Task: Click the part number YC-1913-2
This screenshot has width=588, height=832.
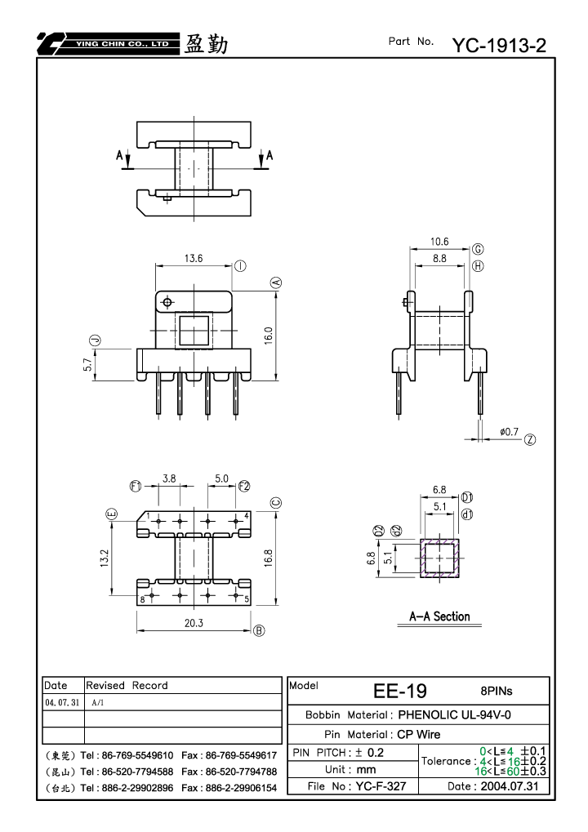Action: (499, 46)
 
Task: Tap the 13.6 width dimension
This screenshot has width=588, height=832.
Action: (194, 258)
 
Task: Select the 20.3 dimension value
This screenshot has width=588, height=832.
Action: (194, 623)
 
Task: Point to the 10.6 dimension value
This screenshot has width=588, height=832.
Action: (439, 242)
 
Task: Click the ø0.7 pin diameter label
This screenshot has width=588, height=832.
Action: (509, 432)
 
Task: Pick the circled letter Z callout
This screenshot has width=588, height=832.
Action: (530, 439)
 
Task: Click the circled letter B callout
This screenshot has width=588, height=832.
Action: (259, 630)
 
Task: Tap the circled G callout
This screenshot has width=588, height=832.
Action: (478, 249)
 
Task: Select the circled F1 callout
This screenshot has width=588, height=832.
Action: (136, 486)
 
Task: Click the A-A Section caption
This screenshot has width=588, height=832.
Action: (439, 616)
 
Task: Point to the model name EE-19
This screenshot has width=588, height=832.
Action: (400, 691)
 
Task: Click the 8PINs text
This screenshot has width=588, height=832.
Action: (497, 691)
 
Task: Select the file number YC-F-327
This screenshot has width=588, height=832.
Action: (381, 786)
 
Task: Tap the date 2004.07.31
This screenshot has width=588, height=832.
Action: (510, 786)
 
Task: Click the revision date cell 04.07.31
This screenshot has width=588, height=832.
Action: (62, 702)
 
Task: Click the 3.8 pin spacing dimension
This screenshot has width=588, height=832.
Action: (169, 478)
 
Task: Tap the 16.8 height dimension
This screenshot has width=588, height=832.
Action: (268, 558)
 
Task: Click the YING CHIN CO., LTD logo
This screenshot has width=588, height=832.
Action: (109, 43)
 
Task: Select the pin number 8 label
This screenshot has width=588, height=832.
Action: (142, 600)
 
